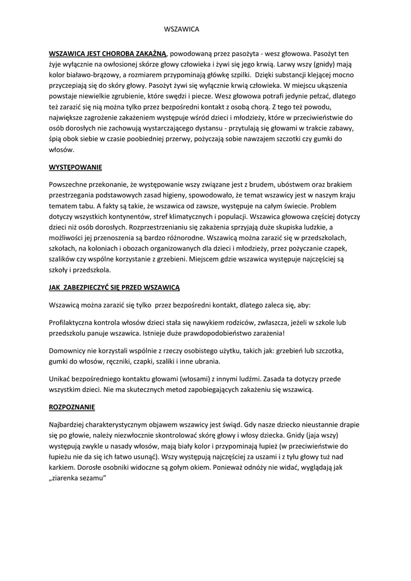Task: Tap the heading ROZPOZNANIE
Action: (x=72, y=407)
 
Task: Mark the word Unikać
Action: (x=62, y=378)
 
